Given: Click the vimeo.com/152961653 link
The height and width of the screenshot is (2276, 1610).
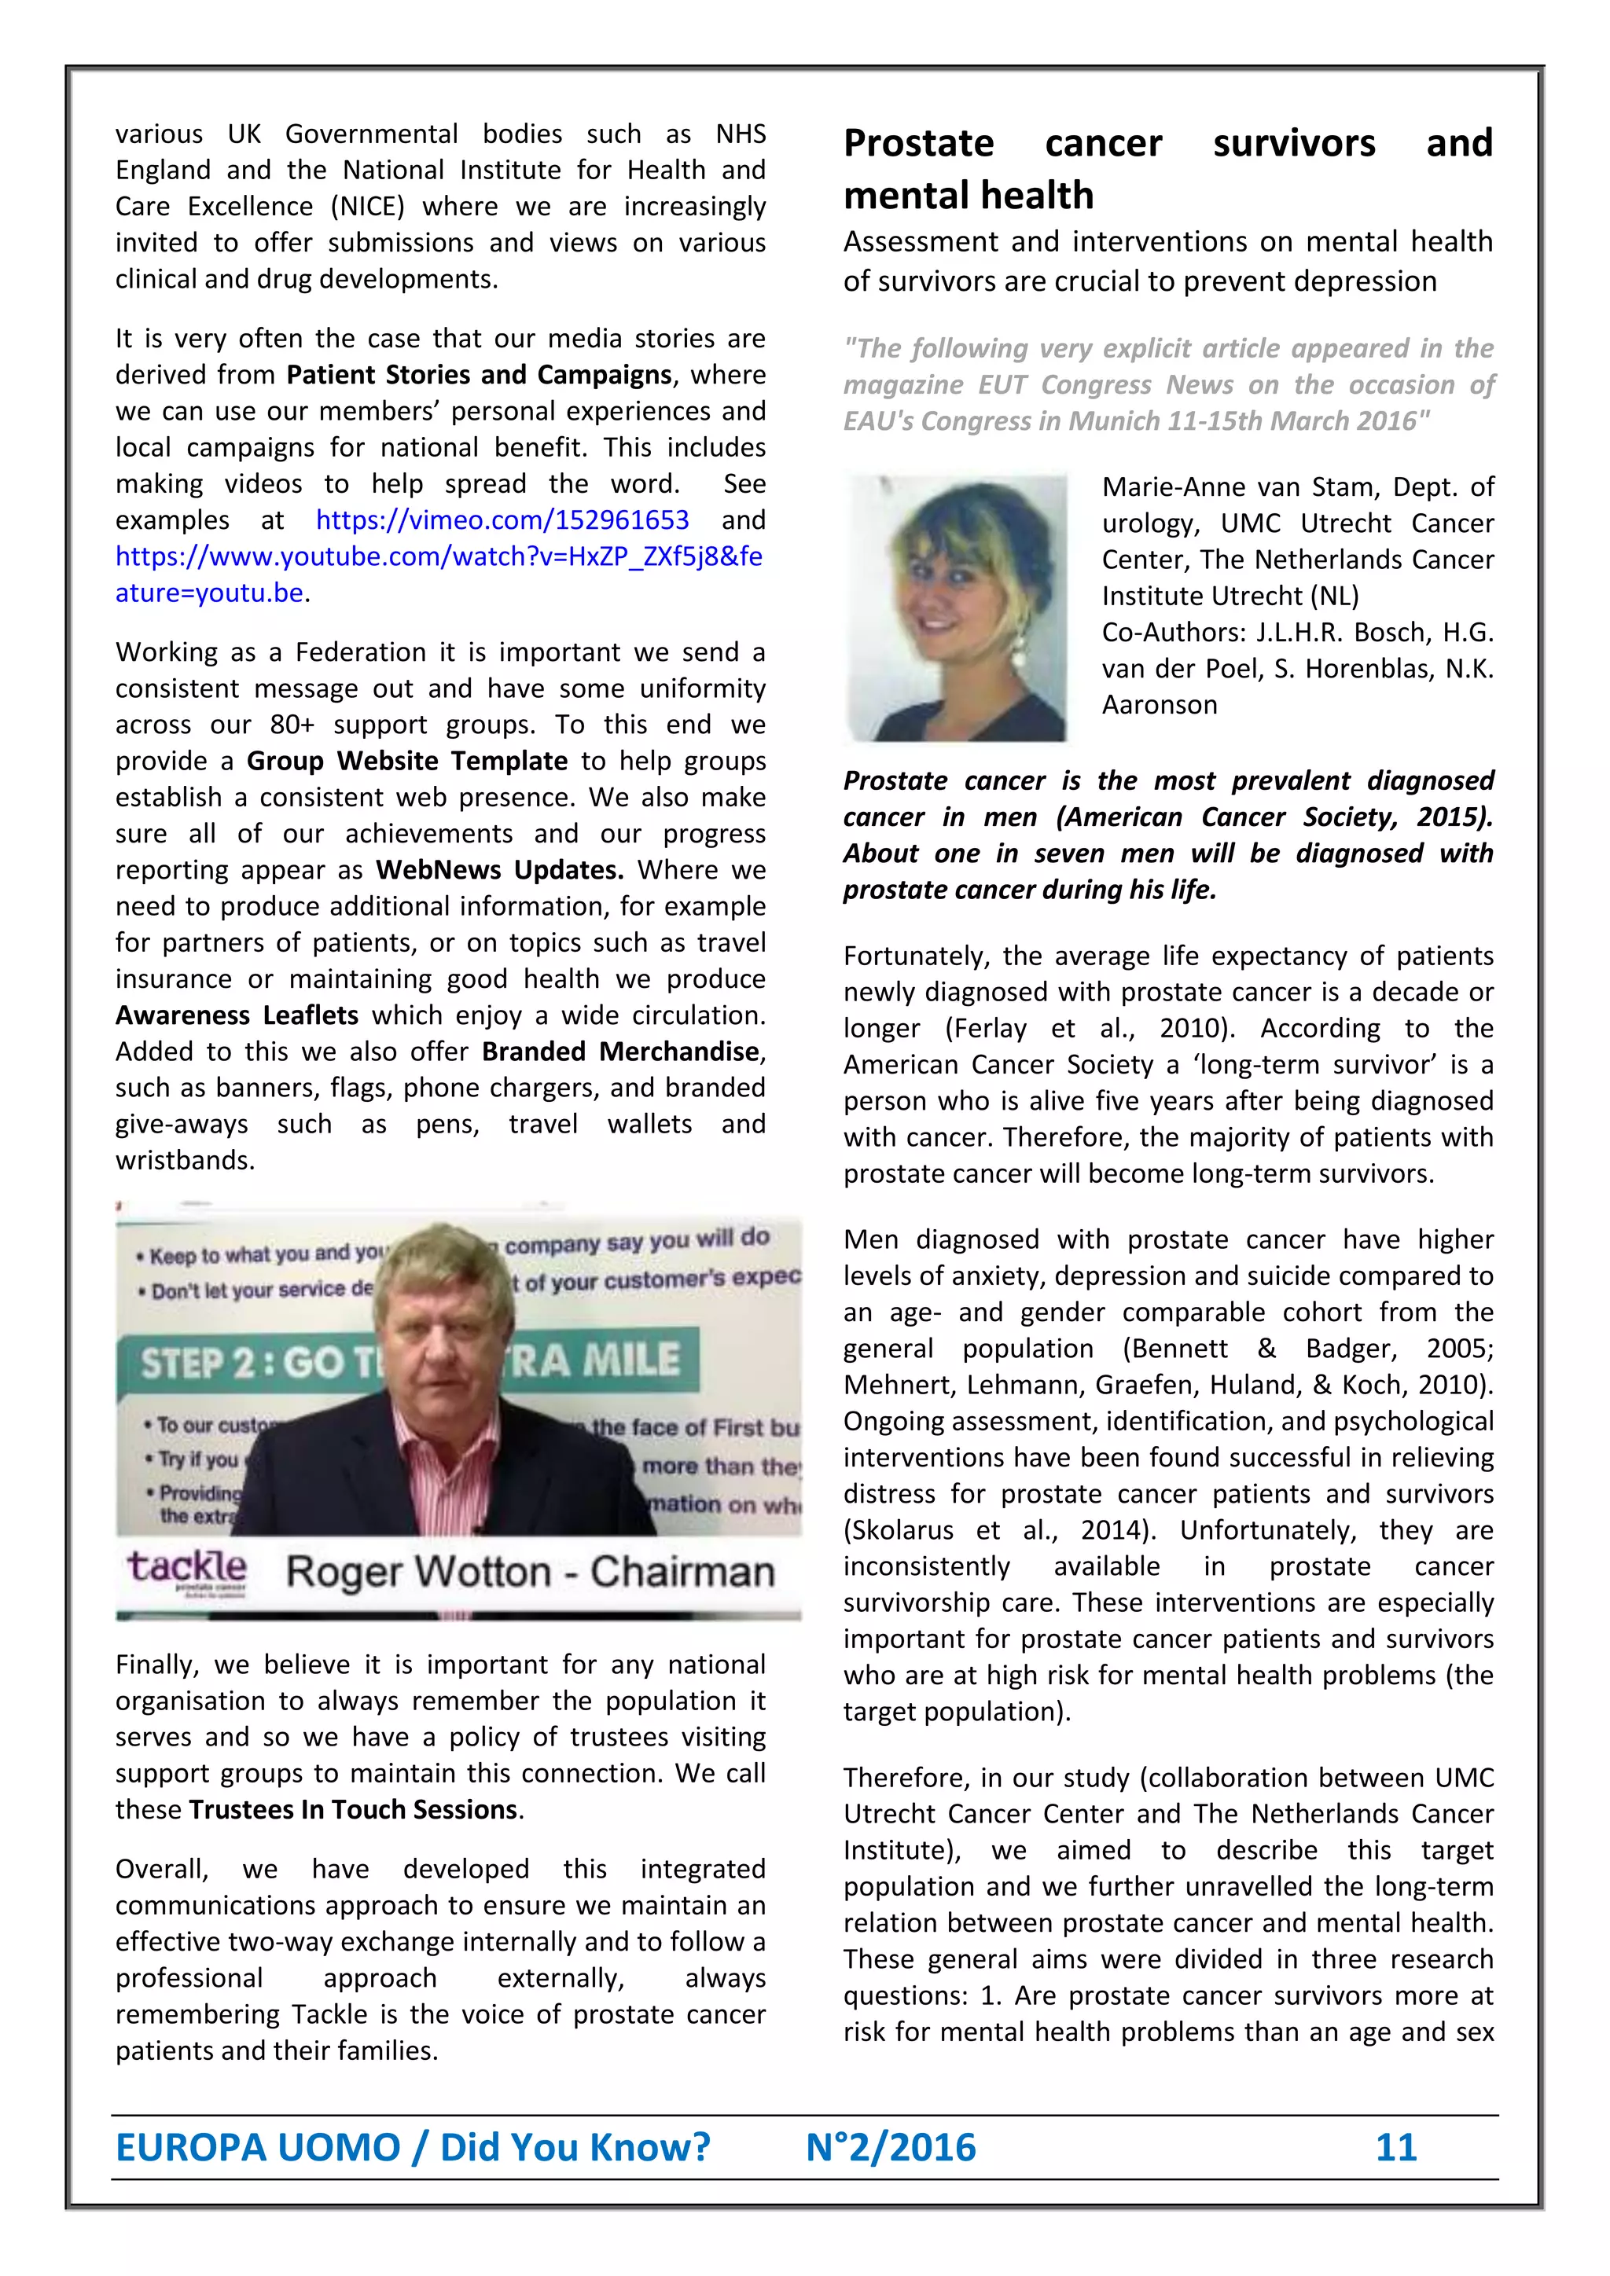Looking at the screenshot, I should click(x=502, y=520).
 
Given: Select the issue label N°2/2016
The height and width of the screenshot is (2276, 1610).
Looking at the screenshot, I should click(x=890, y=2147).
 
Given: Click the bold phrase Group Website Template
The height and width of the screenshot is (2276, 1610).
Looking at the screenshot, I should click(x=406, y=762).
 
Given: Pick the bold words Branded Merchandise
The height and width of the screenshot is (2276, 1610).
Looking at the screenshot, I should click(x=620, y=1052).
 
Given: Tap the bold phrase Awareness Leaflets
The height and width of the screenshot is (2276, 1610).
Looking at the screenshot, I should click(x=237, y=1016).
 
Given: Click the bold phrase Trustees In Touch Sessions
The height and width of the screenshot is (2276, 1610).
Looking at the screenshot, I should click(x=353, y=1810).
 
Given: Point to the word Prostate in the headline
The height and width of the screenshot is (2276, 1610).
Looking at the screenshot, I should click(x=918, y=145).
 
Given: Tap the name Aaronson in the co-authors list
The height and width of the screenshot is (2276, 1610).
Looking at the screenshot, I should click(x=1159, y=706).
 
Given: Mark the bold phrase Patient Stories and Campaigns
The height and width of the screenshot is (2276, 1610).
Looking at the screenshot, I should click(x=479, y=376).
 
